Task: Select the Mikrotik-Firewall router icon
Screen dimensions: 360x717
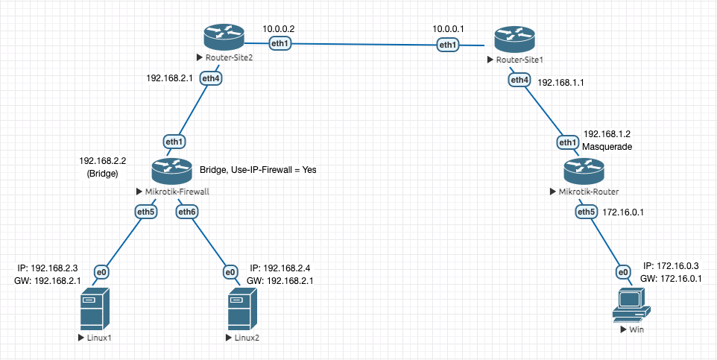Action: [x=172, y=172]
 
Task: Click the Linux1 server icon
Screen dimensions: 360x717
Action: [x=95, y=310]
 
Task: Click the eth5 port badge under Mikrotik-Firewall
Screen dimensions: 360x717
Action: [x=146, y=212]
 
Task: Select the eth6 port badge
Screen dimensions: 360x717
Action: [x=187, y=212]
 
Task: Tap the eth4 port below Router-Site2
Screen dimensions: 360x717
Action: [x=211, y=78]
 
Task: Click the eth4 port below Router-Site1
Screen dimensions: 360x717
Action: [x=519, y=79]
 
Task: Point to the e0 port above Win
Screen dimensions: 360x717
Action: [x=623, y=272]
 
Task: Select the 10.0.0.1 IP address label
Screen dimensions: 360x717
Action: [x=449, y=29]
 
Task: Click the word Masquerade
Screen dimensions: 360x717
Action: [x=607, y=148]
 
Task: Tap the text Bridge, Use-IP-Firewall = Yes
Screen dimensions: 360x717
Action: [x=258, y=170]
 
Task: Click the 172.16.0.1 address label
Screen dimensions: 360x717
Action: [x=623, y=212]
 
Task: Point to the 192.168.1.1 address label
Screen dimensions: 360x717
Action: [x=560, y=83]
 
